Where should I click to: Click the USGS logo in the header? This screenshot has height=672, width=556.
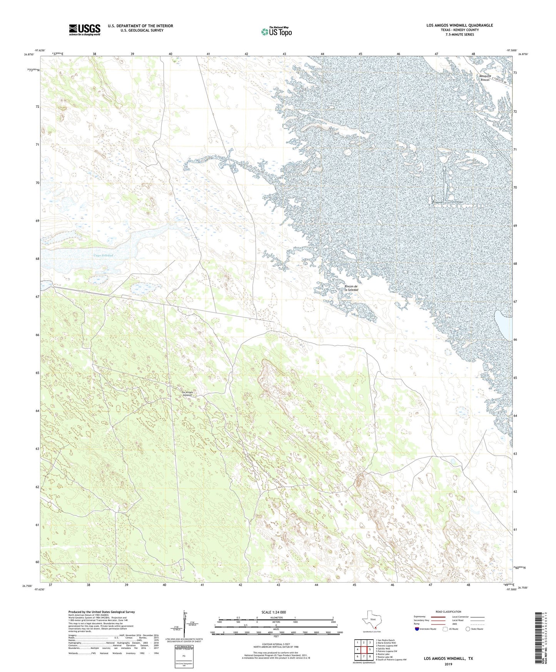click(85, 30)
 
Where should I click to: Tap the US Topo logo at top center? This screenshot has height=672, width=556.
click(276, 32)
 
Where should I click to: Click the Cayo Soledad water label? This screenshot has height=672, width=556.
click(103, 256)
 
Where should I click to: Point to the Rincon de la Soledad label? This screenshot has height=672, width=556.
click(351, 288)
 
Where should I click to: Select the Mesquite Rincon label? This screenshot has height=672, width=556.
click(484, 78)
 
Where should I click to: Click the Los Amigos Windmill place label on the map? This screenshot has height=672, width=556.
click(187, 394)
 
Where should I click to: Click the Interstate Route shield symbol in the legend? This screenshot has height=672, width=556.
click(417, 629)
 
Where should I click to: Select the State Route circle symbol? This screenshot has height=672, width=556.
click(468, 629)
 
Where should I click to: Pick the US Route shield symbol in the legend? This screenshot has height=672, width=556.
click(446, 629)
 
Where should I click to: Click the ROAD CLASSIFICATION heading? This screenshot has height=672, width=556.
click(448, 612)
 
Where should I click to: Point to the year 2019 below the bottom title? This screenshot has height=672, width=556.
click(448, 664)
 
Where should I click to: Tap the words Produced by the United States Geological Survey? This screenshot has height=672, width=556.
click(102, 612)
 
